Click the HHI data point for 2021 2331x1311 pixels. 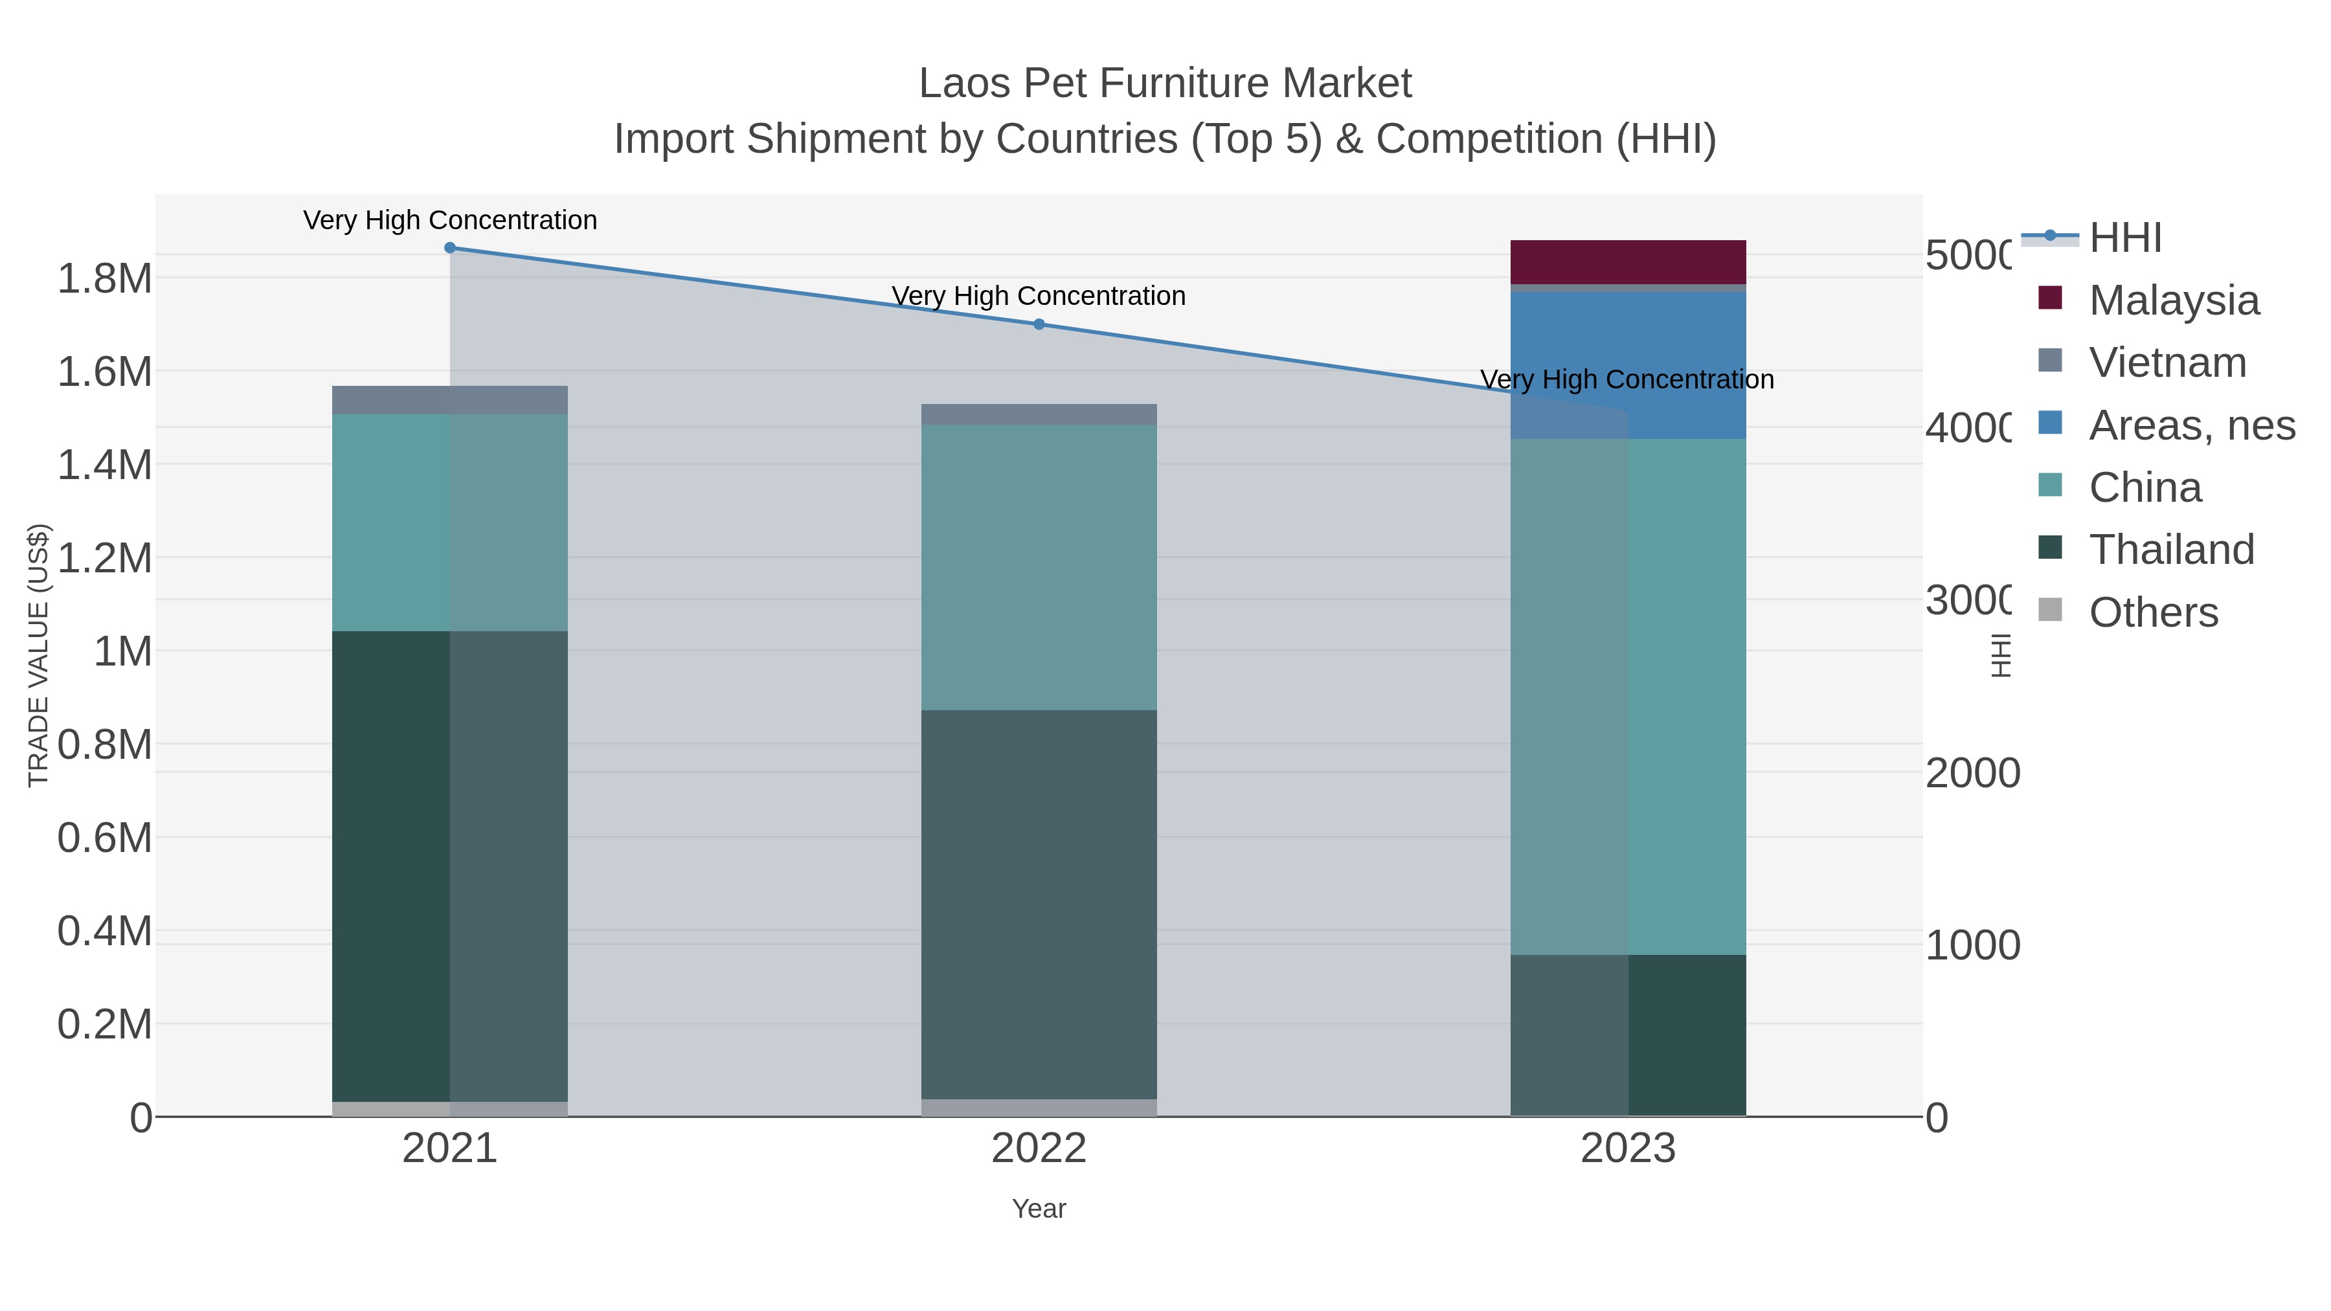tap(450, 248)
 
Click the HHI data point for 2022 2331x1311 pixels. tap(1039, 324)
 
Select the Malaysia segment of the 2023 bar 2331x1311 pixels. tap(1628, 262)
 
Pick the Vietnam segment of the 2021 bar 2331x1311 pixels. tap(450, 400)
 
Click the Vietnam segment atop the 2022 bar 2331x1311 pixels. tap(1039, 414)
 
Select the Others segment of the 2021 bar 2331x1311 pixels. tap(450, 1109)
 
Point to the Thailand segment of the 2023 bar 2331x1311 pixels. tap(1628, 1035)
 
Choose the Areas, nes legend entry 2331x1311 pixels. tap(2190, 425)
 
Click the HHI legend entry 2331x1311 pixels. tap(2124, 238)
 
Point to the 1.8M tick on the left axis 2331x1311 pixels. tap(105, 278)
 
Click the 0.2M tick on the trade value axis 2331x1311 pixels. tap(105, 1025)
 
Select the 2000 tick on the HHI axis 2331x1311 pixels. tap(1972, 774)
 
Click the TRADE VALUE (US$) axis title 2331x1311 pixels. tap(38, 655)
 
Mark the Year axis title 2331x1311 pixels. tap(1039, 1209)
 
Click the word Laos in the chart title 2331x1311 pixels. tap(965, 84)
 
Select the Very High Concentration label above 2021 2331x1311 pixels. tap(450, 221)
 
